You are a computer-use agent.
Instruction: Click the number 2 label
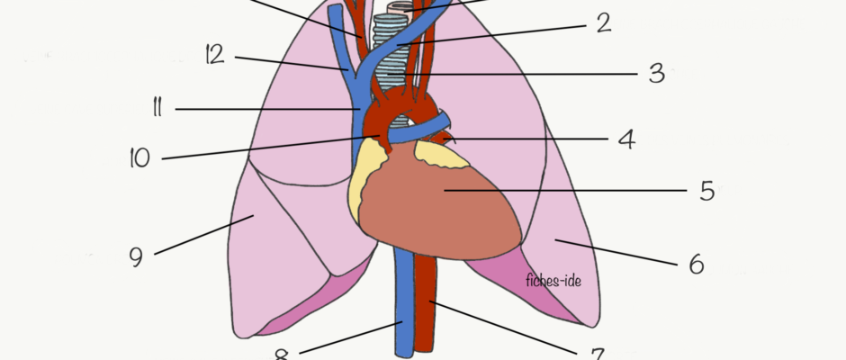[x=604, y=22]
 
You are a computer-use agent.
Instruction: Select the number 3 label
[x=657, y=72]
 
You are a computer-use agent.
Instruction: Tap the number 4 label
[x=626, y=139]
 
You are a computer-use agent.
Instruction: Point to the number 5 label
[x=707, y=191]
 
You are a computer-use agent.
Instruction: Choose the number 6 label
[x=697, y=264]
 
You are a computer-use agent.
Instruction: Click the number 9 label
[x=137, y=256]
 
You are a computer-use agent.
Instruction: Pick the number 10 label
[x=139, y=158]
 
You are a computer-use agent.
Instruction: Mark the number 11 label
[x=157, y=107]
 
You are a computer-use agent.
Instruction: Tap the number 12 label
[x=215, y=55]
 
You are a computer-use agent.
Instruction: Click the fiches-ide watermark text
[x=553, y=281]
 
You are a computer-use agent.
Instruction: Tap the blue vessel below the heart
[x=403, y=303]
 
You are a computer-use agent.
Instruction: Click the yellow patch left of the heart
[x=364, y=177]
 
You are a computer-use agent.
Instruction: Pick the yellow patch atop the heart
[x=440, y=155]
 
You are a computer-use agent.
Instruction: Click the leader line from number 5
[x=565, y=191]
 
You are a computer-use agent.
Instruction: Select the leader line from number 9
[x=204, y=235]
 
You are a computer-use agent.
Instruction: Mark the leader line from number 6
[x=616, y=252]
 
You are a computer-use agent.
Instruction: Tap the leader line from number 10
[x=271, y=147]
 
